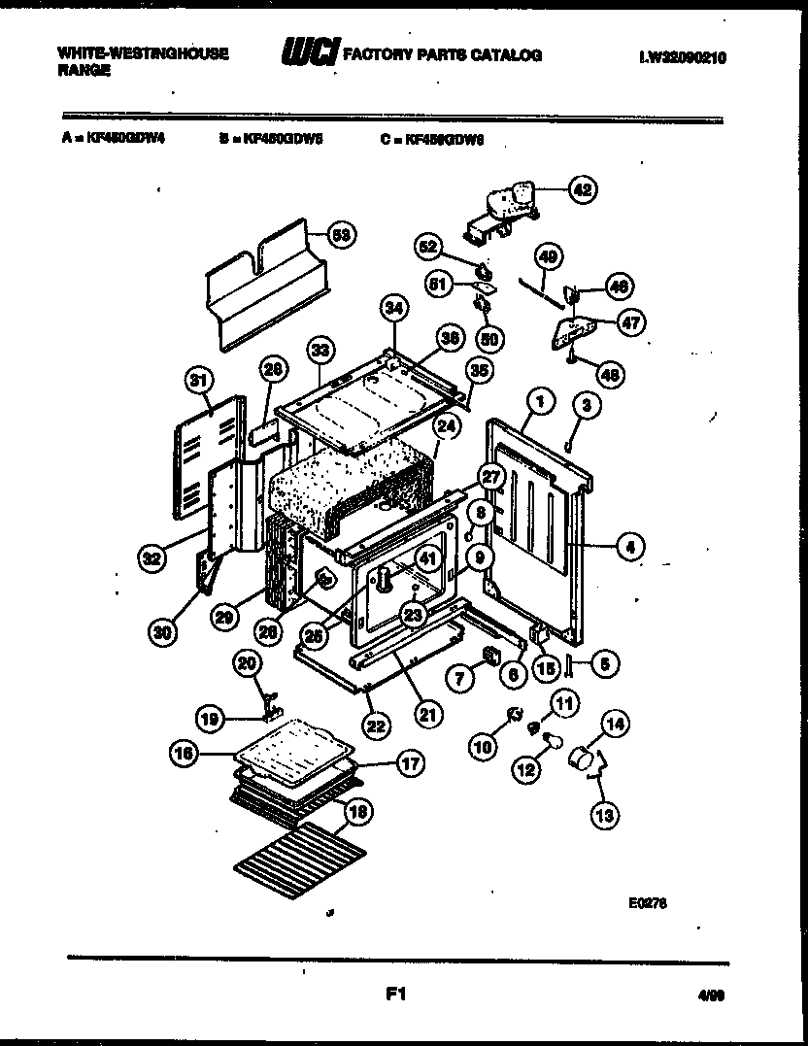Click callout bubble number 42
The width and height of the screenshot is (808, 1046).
coord(582,189)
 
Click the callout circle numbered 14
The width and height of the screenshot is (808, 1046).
coord(614,723)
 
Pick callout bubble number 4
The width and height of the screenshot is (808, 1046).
coord(630,547)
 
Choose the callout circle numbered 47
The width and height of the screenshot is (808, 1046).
coord(631,322)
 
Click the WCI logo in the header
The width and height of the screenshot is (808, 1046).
coord(309,54)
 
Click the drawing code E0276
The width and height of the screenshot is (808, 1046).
coord(647,902)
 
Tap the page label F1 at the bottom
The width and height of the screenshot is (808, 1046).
coord(394,994)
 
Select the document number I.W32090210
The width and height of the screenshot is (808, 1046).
coord(683,58)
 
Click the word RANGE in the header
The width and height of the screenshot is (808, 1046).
coord(82,70)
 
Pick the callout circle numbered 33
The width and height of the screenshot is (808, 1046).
coord(320,350)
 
